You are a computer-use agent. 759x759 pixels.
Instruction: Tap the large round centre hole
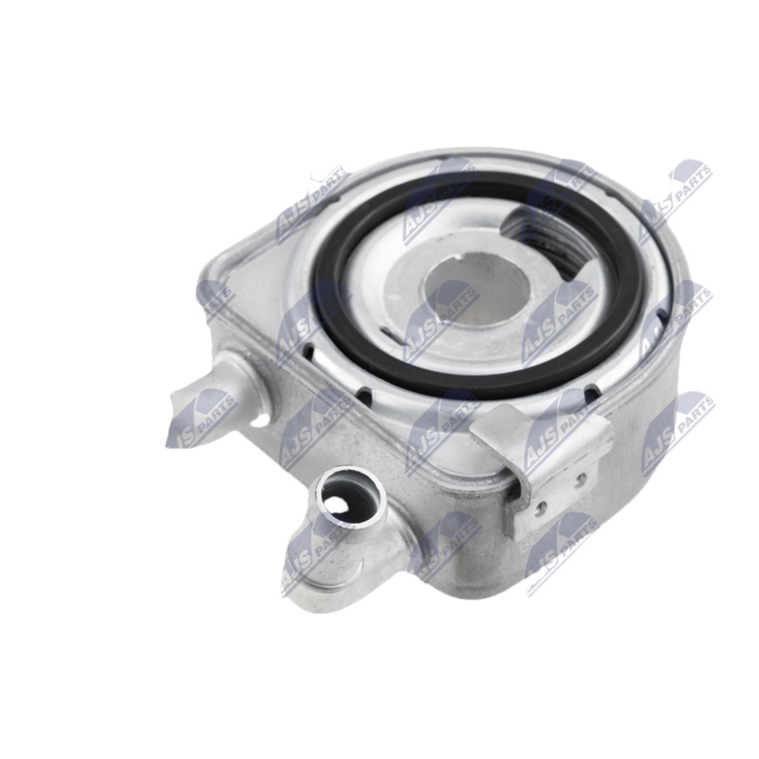click(476, 290)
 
